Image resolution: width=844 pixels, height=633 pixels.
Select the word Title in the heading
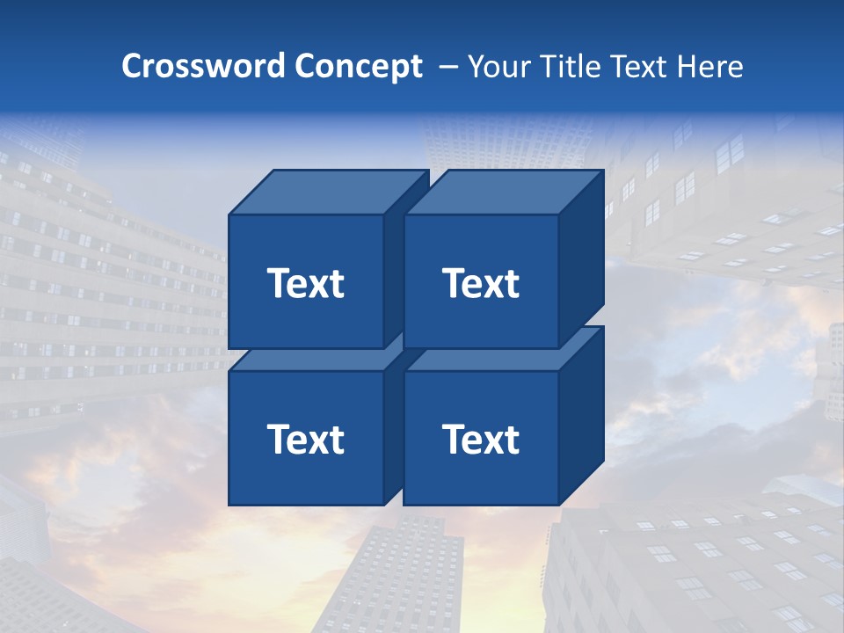(572, 67)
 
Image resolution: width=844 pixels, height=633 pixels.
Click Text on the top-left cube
(305, 283)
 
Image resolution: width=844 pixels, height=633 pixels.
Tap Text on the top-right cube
(481, 283)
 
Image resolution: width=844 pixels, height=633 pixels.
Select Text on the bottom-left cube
(305, 439)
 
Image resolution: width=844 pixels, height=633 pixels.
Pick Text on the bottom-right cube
(481, 439)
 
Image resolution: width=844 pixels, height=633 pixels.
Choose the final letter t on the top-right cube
(511, 284)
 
